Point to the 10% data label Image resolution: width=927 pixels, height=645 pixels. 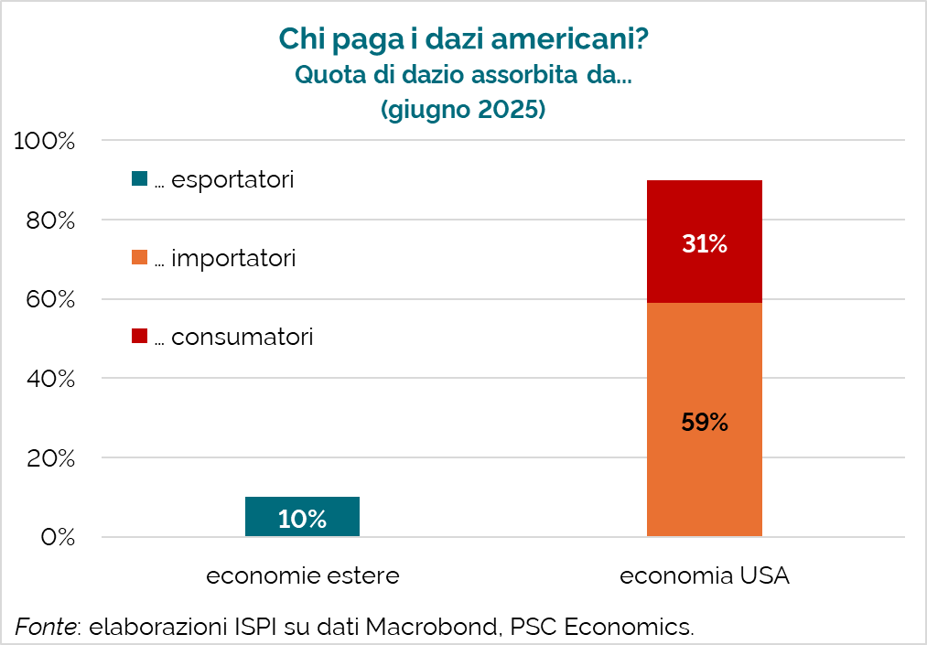point(302,519)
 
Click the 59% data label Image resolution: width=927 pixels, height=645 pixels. point(704,423)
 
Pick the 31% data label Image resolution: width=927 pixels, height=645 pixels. point(704,244)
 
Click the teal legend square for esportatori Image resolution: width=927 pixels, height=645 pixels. point(139,179)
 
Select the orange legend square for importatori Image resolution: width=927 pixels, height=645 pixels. point(139,258)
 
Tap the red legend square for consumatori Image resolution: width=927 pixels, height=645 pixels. point(139,337)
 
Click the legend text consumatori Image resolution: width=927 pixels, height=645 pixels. point(242,337)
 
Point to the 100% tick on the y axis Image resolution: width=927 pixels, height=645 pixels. point(44,142)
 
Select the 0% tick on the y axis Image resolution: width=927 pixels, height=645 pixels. point(57,536)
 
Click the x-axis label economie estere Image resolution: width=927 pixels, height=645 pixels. point(302,576)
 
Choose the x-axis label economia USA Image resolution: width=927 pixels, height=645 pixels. point(704,576)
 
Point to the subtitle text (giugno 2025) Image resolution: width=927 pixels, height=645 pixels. point(463,109)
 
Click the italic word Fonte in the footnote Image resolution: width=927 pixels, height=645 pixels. point(45,627)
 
